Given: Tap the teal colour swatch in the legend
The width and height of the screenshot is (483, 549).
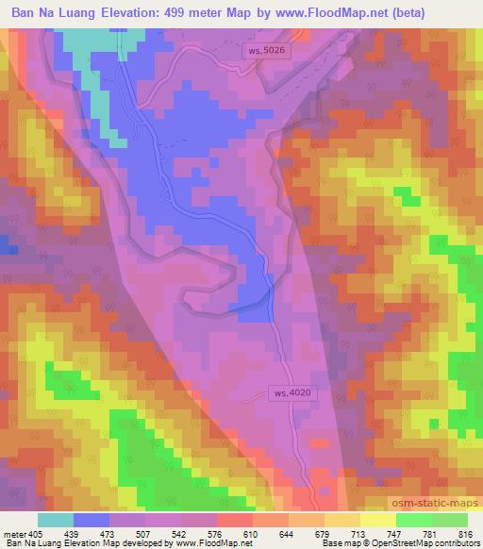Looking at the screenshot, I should click(55, 519).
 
